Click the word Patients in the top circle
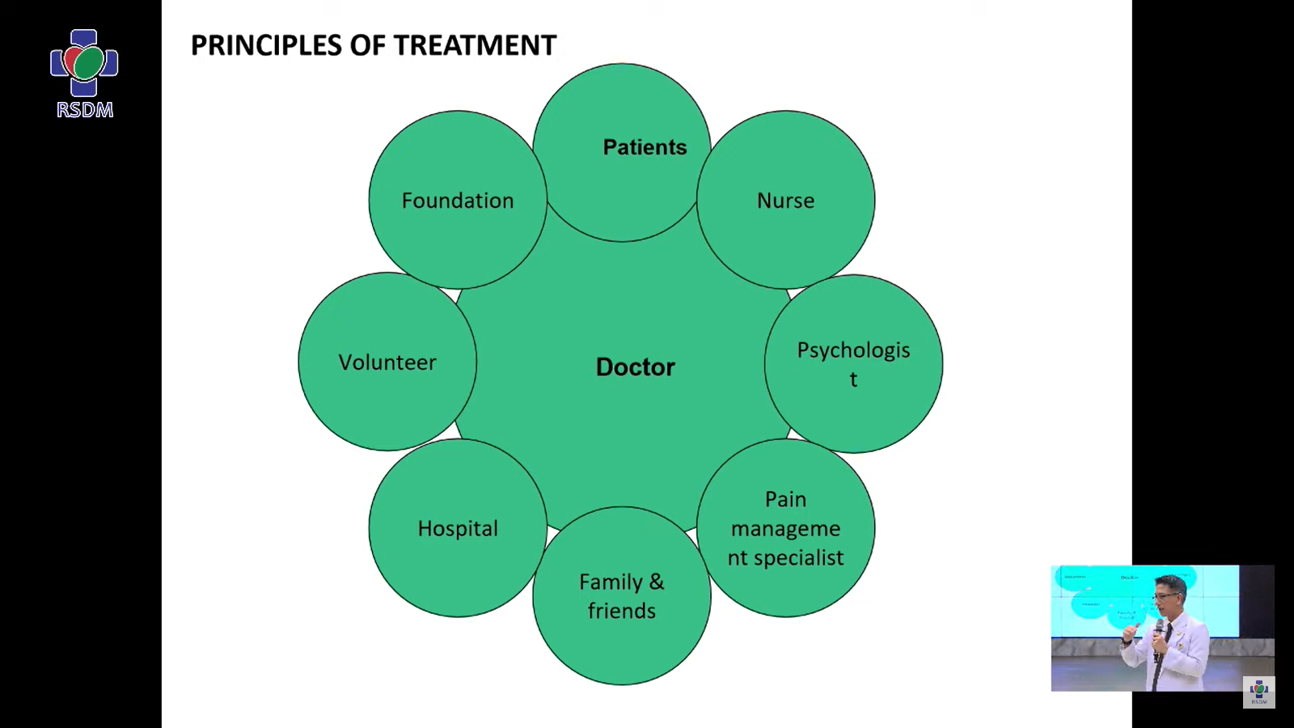pyautogui.click(x=645, y=147)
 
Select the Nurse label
pyautogui.click(x=785, y=201)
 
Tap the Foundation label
pyautogui.click(x=458, y=201)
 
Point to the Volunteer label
pyautogui.click(x=387, y=362)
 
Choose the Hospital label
pyautogui.click(x=458, y=528)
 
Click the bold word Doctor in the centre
pyautogui.click(x=636, y=367)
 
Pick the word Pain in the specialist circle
pyautogui.click(x=785, y=499)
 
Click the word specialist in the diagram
pyautogui.click(x=798, y=557)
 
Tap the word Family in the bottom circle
pyautogui.click(x=611, y=582)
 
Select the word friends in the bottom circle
pyautogui.click(x=622, y=611)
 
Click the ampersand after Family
pyautogui.click(x=657, y=582)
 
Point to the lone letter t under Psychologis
pyautogui.click(x=853, y=379)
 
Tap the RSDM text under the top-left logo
pyautogui.click(x=85, y=110)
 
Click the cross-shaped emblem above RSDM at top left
pyautogui.click(x=84, y=62)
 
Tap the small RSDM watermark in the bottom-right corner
pyautogui.click(x=1259, y=692)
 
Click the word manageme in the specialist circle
pyautogui.click(x=785, y=528)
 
